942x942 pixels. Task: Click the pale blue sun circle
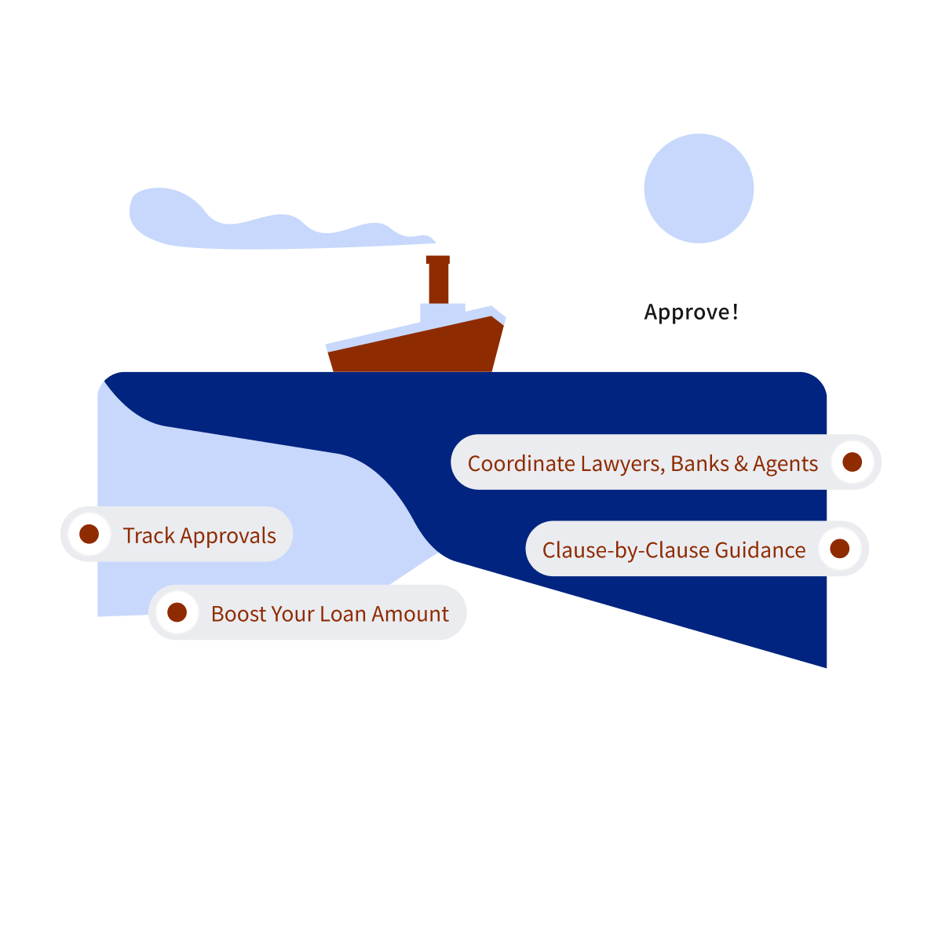699,188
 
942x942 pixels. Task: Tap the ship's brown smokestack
438,279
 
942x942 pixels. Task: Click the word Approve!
691,312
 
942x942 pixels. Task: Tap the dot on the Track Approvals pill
89,534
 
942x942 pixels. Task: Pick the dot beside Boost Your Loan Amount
177,612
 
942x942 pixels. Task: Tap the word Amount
410,614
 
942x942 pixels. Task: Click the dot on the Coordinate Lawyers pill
852,462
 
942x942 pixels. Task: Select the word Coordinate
521,463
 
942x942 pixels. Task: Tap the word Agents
785,464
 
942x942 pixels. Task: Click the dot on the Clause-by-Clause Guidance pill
839,548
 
